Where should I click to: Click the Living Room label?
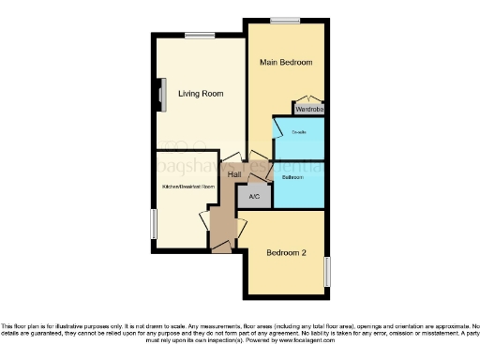[200, 93]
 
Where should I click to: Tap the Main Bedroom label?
[285, 62]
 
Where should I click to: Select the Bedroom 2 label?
[287, 252]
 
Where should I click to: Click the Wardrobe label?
[309, 109]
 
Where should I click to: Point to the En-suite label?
[298, 132]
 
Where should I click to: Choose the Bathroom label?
[292, 176]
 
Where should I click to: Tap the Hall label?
[235, 174]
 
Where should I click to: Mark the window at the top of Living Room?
[198, 36]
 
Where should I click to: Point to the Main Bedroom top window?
[279, 21]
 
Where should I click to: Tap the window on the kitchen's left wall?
[154, 223]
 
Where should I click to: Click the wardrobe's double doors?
[309, 100]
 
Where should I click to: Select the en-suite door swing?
[279, 123]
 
